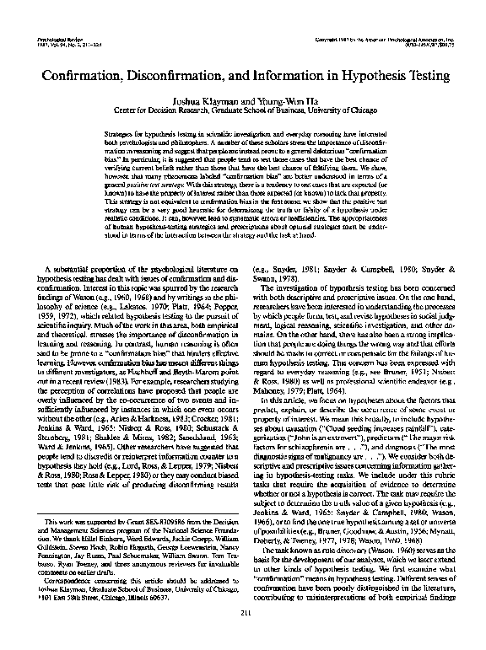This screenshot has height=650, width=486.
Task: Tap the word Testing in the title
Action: pos(428,73)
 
